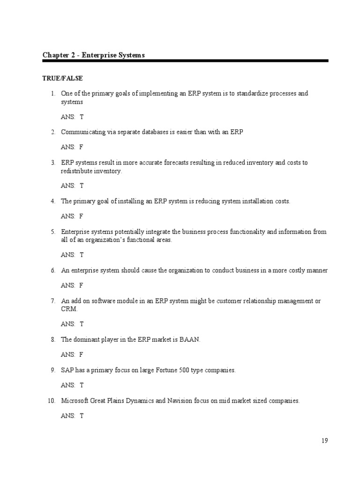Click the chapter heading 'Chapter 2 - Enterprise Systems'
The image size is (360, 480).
click(x=94, y=55)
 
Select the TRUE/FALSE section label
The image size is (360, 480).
click(x=62, y=78)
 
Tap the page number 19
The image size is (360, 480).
click(x=325, y=440)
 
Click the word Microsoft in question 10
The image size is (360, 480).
click(x=75, y=401)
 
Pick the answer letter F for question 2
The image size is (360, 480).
click(x=81, y=147)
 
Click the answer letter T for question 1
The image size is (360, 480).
click(x=81, y=117)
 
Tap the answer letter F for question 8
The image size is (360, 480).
click(x=81, y=355)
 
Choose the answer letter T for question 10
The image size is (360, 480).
click(x=81, y=416)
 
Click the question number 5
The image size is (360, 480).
click(x=53, y=232)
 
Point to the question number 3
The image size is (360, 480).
click(x=53, y=163)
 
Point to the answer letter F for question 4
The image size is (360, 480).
click(x=81, y=217)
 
